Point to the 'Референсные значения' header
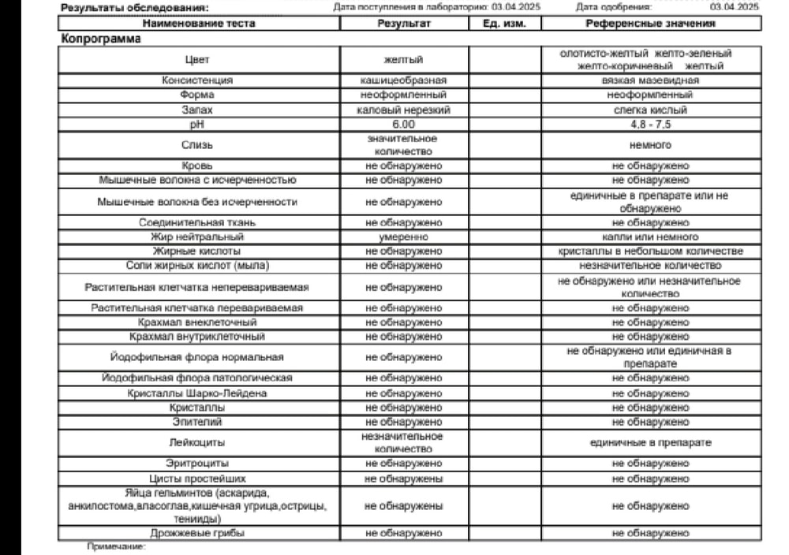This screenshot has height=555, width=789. coord(650,24)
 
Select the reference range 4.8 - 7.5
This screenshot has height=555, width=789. coord(650,125)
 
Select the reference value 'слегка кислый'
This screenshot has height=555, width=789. coord(650,110)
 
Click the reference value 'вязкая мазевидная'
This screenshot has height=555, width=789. coord(650,80)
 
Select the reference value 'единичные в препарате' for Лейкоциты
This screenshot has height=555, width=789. coord(650,442)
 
